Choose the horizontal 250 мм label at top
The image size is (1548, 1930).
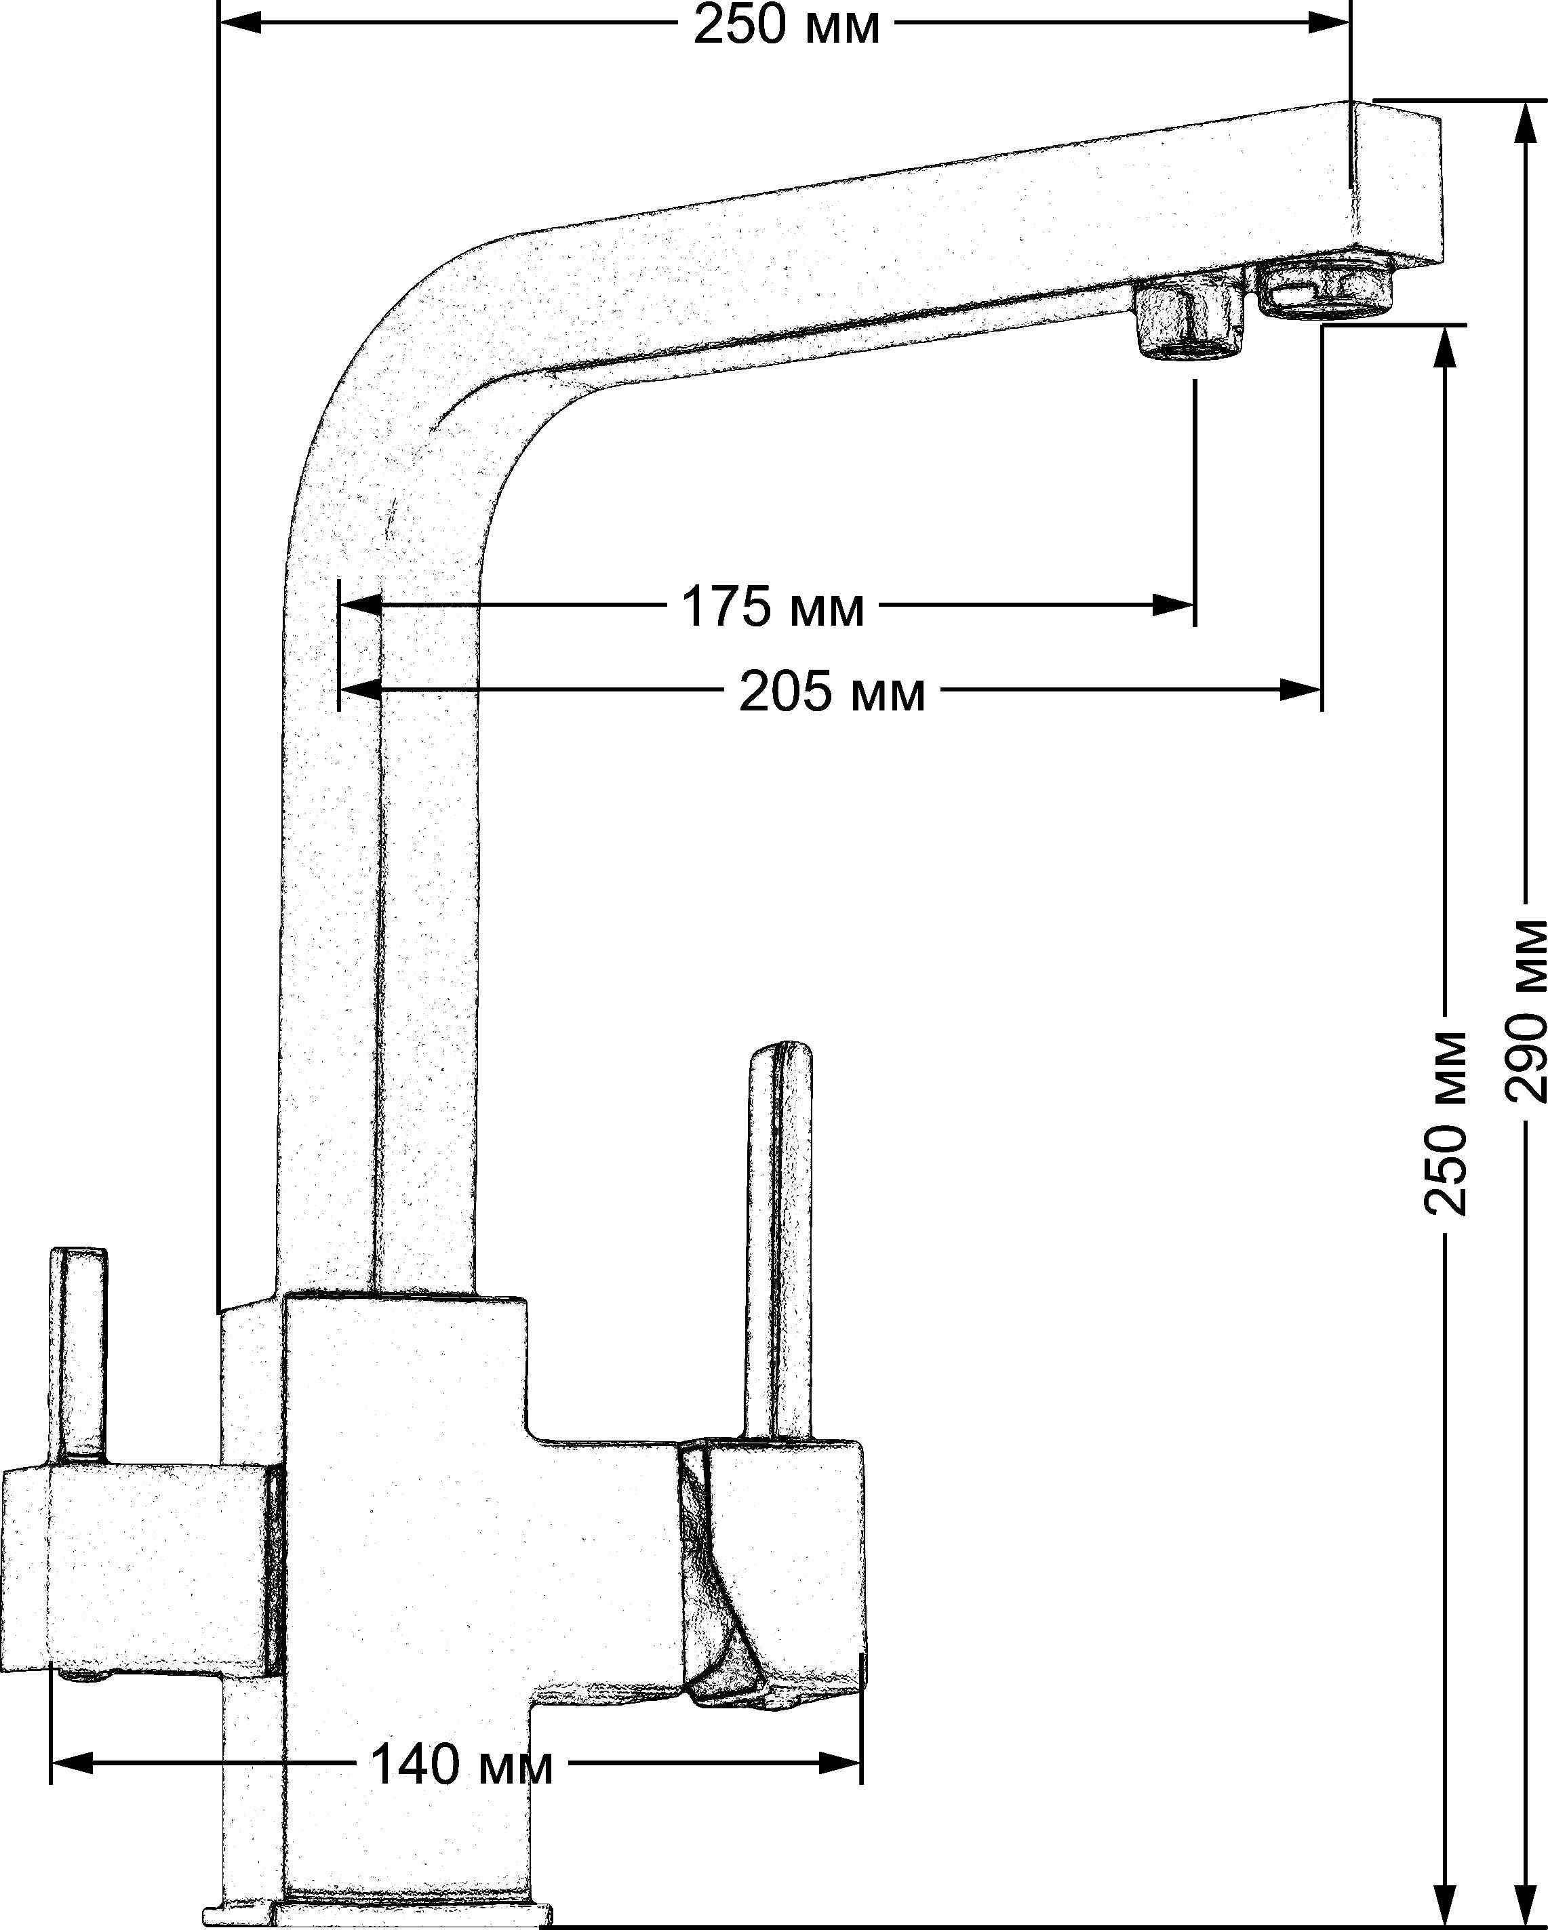point(786,26)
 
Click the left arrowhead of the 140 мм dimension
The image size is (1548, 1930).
point(72,1763)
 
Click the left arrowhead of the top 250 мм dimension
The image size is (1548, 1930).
point(240,23)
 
